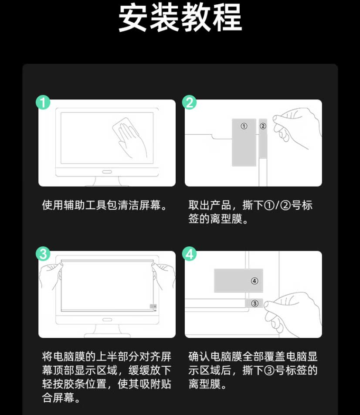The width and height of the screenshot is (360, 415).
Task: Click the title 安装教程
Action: point(180,18)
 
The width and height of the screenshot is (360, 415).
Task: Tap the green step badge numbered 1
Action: point(43,102)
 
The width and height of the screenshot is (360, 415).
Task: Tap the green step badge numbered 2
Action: point(190,102)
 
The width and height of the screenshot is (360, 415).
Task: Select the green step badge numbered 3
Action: point(43,254)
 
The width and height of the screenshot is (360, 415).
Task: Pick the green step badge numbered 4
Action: point(190,254)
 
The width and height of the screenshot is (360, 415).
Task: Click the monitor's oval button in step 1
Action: point(107,172)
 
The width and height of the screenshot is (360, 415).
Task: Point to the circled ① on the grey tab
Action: point(244,126)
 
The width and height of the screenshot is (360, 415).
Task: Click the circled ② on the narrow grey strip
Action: point(263,126)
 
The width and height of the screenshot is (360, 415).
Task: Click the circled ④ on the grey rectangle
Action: point(255,281)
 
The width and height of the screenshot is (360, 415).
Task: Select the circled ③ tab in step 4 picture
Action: point(255,303)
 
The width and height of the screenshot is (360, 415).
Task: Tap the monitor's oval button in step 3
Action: point(107,320)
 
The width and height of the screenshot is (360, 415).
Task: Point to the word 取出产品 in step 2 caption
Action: point(209,205)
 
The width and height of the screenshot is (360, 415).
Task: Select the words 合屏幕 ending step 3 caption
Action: point(58,398)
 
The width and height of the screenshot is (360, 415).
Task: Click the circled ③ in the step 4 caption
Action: point(269,370)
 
